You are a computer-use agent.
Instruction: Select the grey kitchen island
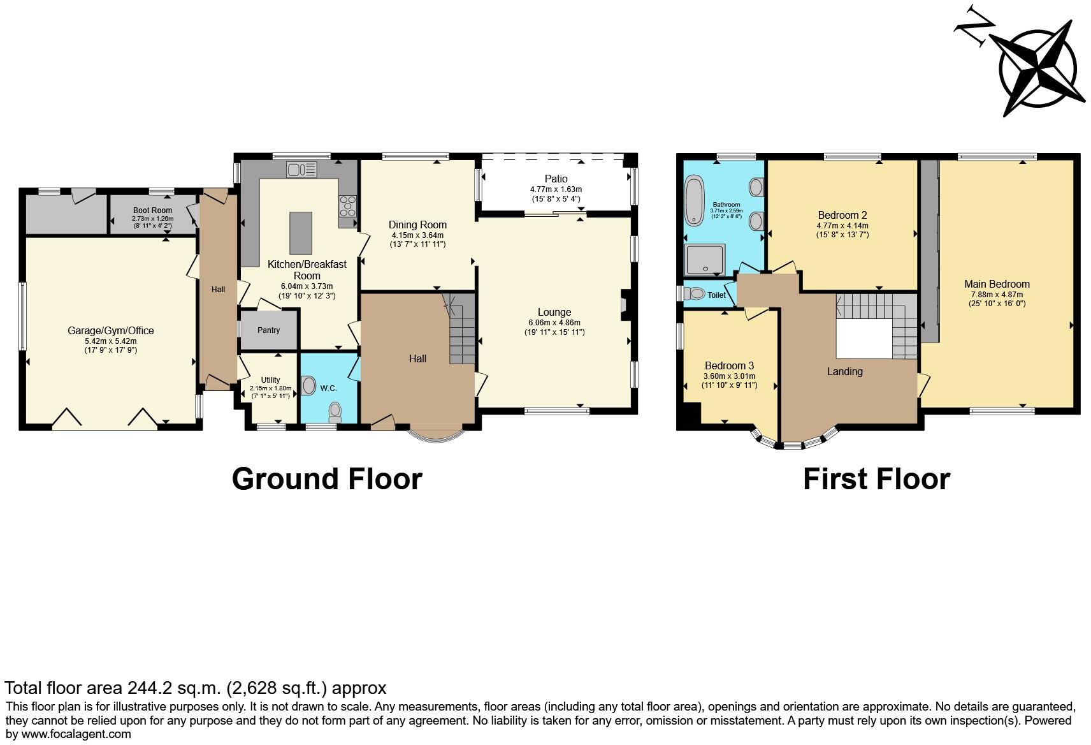tap(301, 233)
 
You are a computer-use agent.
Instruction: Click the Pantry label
tap(268, 330)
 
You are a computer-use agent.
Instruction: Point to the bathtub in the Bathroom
tap(693, 200)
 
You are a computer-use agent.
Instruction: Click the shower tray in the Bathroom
tap(704, 260)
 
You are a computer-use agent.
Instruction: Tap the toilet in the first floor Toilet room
tap(695, 294)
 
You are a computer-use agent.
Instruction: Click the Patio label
tap(556, 179)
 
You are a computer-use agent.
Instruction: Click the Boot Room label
tap(152, 210)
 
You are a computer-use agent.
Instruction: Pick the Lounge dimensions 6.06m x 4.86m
tap(554, 323)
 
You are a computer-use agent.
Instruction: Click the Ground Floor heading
tap(326, 479)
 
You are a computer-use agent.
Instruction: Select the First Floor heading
tap(876, 479)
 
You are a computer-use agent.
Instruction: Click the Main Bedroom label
tap(997, 284)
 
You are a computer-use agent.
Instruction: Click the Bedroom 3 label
tap(729, 366)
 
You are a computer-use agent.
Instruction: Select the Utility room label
tap(270, 380)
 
